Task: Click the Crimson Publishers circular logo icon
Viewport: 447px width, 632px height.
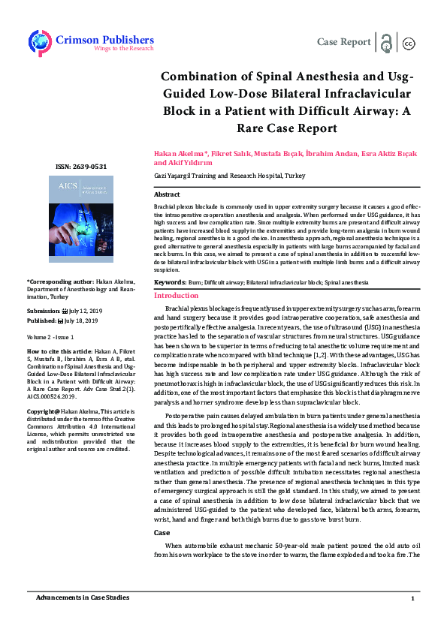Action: (x=39, y=42)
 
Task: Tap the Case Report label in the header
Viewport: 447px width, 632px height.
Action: (x=344, y=42)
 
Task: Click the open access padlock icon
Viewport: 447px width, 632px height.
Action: (x=386, y=42)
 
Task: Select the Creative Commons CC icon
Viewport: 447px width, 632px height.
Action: (x=409, y=43)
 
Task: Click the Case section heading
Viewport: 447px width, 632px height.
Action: (x=162, y=511)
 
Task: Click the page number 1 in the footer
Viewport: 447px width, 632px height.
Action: (x=412, y=598)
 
